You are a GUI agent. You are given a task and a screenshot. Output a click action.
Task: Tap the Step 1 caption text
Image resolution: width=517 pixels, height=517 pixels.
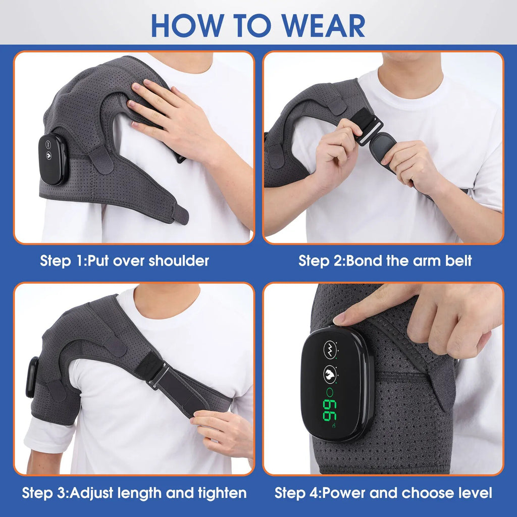pyautogui.click(x=124, y=261)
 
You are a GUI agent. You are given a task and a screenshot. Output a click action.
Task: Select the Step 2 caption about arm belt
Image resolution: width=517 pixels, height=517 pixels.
pyautogui.click(x=385, y=261)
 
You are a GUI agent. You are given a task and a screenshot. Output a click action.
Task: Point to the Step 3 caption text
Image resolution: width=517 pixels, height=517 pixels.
pyautogui.click(x=134, y=493)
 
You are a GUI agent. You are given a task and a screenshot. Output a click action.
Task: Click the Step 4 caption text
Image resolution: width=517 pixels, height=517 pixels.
pyautogui.click(x=383, y=493)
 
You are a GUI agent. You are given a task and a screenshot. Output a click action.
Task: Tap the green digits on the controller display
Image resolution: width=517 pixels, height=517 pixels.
pyautogui.click(x=331, y=409)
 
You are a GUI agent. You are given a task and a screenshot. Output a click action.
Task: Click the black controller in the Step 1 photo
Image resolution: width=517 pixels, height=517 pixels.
pyautogui.click(x=53, y=159)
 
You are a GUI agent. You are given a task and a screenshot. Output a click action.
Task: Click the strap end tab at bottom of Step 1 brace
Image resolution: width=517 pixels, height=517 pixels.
pyautogui.click(x=180, y=214)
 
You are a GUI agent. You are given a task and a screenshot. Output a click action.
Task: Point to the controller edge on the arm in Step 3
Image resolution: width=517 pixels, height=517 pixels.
pyautogui.click(x=32, y=376)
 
